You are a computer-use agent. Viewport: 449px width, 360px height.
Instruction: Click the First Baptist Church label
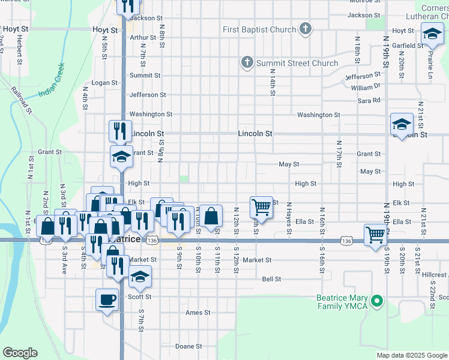[x=259, y=30]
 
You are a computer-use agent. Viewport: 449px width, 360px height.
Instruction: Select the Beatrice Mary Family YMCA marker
[x=377, y=301]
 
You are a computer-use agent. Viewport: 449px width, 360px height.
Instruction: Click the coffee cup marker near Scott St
[x=107, y=299]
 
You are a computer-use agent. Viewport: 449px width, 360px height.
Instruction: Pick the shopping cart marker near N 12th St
[x=261, y=206]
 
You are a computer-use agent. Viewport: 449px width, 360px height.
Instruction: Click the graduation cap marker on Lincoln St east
[x=402, y=124]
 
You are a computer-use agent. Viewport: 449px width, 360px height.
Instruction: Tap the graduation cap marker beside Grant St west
[x=121, y=157]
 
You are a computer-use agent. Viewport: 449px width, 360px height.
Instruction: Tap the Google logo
[x=20, y=353]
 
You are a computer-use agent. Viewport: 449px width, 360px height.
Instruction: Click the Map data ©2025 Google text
[x=412, y=355]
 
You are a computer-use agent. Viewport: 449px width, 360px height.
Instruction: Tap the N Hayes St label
[x=289, y=215]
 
